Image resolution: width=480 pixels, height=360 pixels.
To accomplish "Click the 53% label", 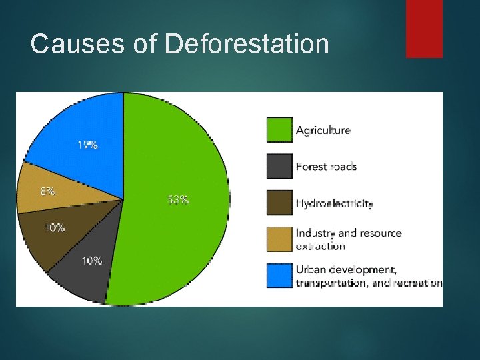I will (x=178, y=199).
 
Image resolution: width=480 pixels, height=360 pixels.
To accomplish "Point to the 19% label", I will (x=87, y=145).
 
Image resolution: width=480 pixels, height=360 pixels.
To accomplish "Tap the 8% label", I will (x=47, y=191).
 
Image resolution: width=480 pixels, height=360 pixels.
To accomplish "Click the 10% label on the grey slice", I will (x=92, y=261).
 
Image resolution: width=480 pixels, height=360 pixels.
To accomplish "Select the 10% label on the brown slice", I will (x=55, y=228).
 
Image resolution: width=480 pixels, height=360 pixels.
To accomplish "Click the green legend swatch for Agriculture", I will (x=279, y=130).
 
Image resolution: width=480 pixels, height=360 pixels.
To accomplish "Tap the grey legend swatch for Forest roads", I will (x=279, y=167).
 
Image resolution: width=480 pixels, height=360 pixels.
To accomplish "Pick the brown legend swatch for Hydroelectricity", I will (x=279, y=203).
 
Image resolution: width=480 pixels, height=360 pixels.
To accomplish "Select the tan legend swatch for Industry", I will (x=279, y=239).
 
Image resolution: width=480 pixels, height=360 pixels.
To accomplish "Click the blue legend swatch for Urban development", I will (x=279, y=276).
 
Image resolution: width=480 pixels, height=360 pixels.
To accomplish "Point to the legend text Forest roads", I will (x=327, y=167).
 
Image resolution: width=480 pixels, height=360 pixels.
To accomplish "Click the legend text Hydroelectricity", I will (x=335, y=203).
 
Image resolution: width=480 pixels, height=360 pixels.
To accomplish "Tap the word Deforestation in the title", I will (x=247, y=44).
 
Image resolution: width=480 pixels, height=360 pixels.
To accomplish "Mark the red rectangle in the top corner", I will (x=424, y=29).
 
